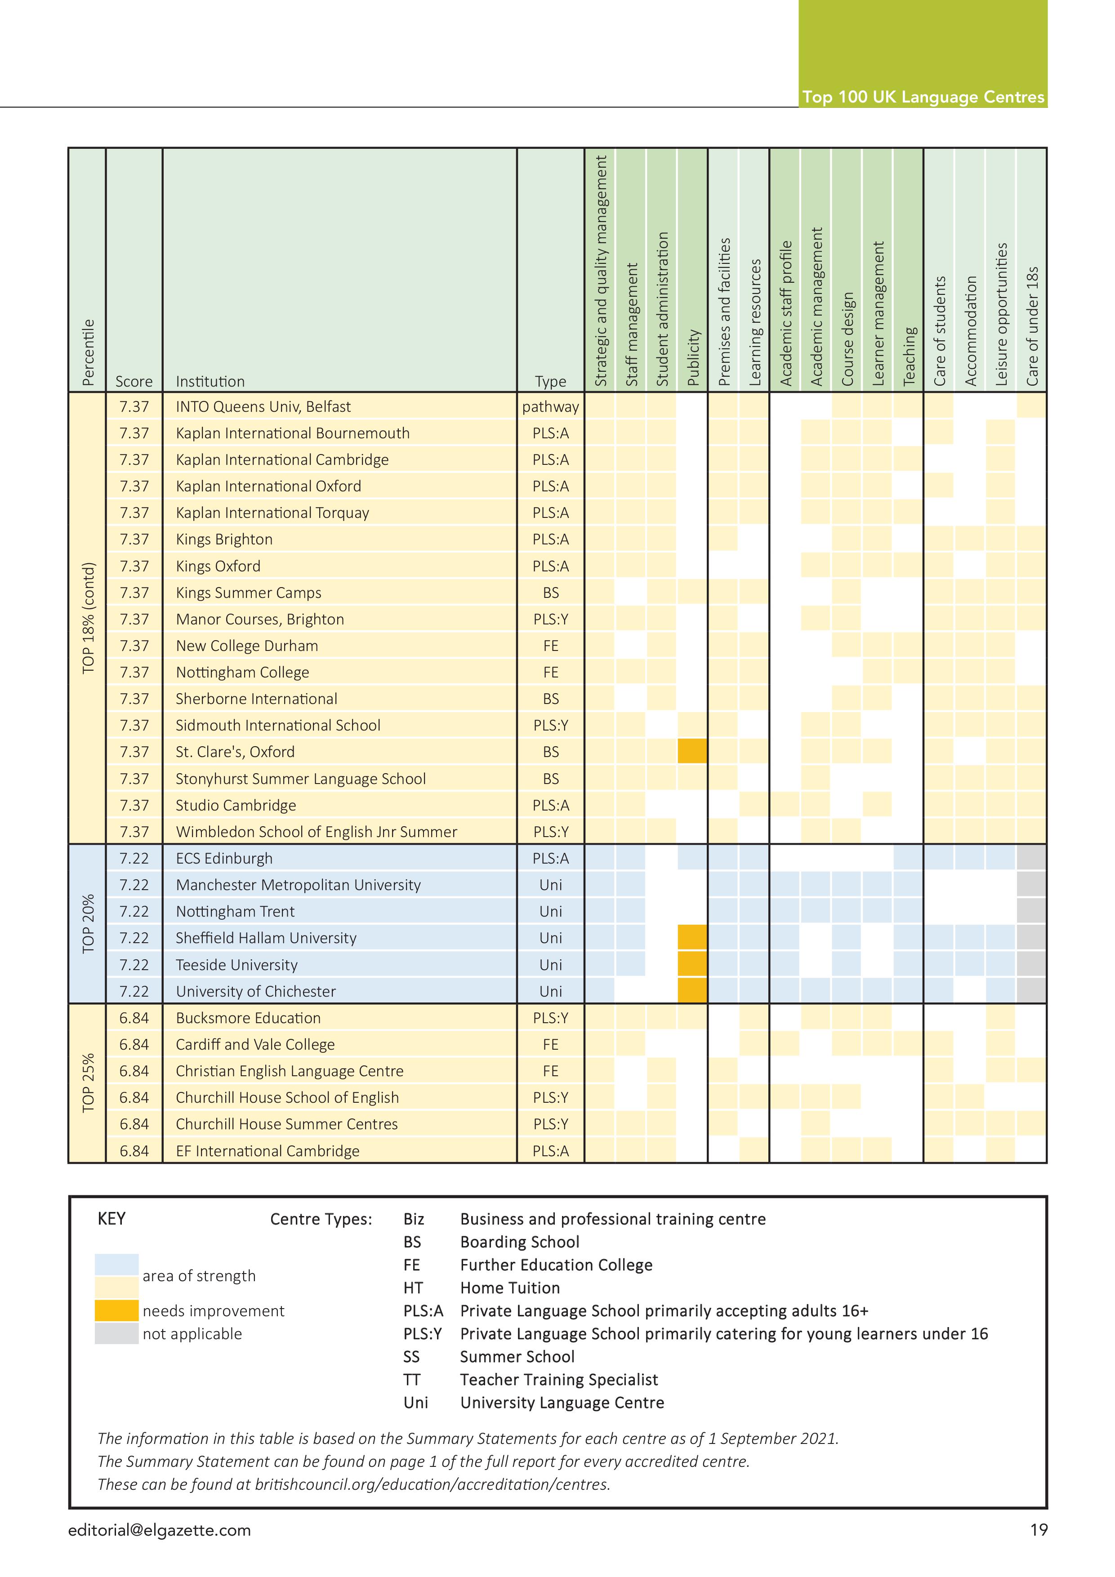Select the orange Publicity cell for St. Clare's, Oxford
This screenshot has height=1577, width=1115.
tap(692, 751)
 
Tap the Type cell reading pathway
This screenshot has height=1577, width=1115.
tap(550, 407)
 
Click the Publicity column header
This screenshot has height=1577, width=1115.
tap(693, 357)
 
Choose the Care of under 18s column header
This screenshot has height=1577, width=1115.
tap(1032, 326)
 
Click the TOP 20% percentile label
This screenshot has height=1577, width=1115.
tap(88, 924)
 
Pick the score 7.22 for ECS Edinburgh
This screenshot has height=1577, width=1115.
tap(134, 859)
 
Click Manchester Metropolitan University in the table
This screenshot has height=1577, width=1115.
tap(298, 885)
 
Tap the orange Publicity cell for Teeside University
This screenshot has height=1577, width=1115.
tap(692, 964)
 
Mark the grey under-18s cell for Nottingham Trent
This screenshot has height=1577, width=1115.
tap(1031, 911)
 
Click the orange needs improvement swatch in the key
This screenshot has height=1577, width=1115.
tap(117, 1310)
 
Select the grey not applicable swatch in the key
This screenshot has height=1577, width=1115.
tap(117, 1333)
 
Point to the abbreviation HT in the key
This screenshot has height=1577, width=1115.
tap(413, 1288)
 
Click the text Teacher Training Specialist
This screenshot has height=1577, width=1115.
tap(558, 1380)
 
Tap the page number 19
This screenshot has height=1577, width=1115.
tap(1039, 1530)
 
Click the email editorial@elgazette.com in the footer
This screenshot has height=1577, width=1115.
tap(160, 1530)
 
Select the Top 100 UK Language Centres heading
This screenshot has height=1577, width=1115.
tap(923, 97)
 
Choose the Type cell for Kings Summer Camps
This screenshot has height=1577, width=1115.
tap(550, 593)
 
